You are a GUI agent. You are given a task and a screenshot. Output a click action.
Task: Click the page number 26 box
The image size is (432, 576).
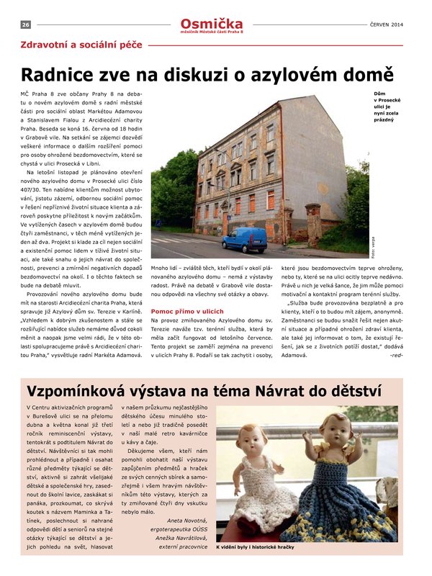coord(25,24)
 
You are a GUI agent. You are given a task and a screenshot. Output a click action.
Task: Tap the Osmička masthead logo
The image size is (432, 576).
coord(212,22)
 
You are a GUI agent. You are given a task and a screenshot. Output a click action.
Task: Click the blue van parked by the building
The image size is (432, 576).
coord(243,239)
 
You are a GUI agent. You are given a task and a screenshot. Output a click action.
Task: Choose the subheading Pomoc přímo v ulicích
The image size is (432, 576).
coord(183,310)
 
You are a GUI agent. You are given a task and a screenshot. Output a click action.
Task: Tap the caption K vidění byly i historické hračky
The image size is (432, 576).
coord(255,546)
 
